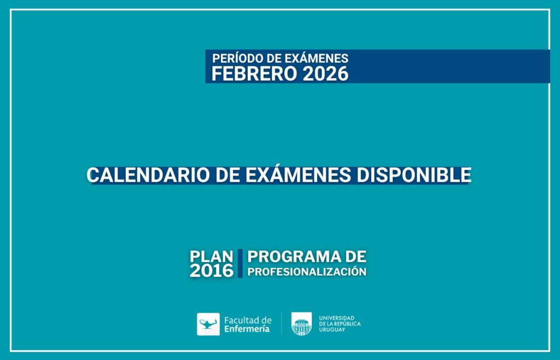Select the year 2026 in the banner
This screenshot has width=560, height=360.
[325, 74]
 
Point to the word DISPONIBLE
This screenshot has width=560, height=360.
[413, 175]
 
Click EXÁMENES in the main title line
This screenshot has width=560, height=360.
[298, 175]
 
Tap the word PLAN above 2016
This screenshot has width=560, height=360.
[212, 256]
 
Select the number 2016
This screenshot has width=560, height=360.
[212, 271]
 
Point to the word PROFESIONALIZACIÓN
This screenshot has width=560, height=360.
[307, 271]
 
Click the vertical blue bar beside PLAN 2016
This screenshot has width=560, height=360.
[240, 264]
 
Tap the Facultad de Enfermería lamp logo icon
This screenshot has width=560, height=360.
[208, 324]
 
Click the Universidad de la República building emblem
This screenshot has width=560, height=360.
[301, 324]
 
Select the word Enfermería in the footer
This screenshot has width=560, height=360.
[247, 329]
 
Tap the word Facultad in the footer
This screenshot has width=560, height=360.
[239, 320]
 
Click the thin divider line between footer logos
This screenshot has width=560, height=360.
[282, 323]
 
